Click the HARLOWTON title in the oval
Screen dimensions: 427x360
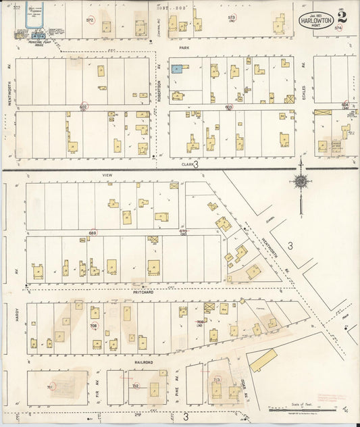315,20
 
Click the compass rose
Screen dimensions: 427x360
301,180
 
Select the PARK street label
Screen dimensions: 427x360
183,48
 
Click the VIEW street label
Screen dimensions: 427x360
105,174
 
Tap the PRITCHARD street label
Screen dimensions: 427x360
143,292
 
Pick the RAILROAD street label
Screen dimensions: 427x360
143,362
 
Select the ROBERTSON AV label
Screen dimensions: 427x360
159,85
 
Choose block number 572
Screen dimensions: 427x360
89,20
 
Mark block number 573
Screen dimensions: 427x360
232,18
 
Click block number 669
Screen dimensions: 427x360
92,233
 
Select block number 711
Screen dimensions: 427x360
50,386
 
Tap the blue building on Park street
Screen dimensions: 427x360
176,69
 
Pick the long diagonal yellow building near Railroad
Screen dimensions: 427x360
263,360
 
